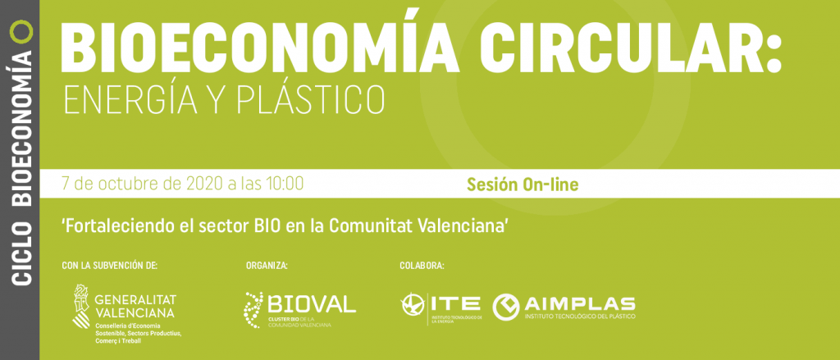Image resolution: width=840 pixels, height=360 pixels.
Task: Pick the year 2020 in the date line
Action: (204, 184)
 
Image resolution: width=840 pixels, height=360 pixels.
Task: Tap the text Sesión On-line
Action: (523, 185)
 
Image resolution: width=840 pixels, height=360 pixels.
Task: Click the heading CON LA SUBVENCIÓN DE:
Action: (110, 266)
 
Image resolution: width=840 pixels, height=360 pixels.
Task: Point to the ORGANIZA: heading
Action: (267, 266)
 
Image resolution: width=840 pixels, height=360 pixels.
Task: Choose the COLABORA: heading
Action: (422, 266)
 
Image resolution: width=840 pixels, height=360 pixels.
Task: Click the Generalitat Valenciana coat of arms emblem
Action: (81, 305)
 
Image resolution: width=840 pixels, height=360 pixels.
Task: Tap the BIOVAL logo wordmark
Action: (311, 303)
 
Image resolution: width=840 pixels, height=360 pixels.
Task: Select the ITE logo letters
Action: (455, 303)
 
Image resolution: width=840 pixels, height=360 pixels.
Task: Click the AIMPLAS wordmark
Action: (580, 303)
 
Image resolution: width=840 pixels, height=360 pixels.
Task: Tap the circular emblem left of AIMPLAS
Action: (506, 307)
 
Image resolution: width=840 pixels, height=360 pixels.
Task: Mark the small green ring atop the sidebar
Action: (22, 30)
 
